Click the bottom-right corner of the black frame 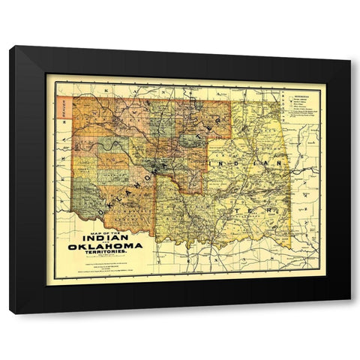[x=350, y=313]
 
